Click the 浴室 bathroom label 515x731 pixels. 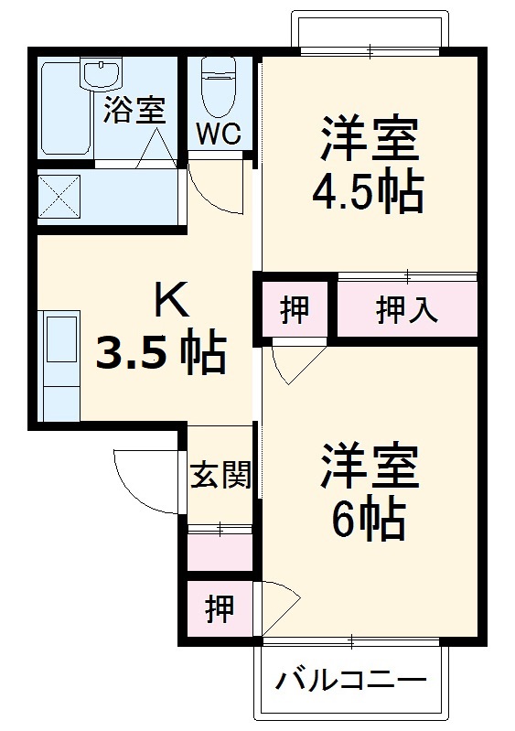coord(134,110)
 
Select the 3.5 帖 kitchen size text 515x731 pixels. coord(161,352)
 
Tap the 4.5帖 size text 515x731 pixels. coord(368,191)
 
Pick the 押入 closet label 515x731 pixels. coord(407,310)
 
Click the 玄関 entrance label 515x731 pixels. coord(220,475)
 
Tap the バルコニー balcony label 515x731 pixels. coord(352,681)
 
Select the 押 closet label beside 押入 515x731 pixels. coord(294,310)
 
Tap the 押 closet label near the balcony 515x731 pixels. coord(220,608)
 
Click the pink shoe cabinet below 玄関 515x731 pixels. coord(220,552)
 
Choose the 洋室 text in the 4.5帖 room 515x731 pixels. coord(368,139)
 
